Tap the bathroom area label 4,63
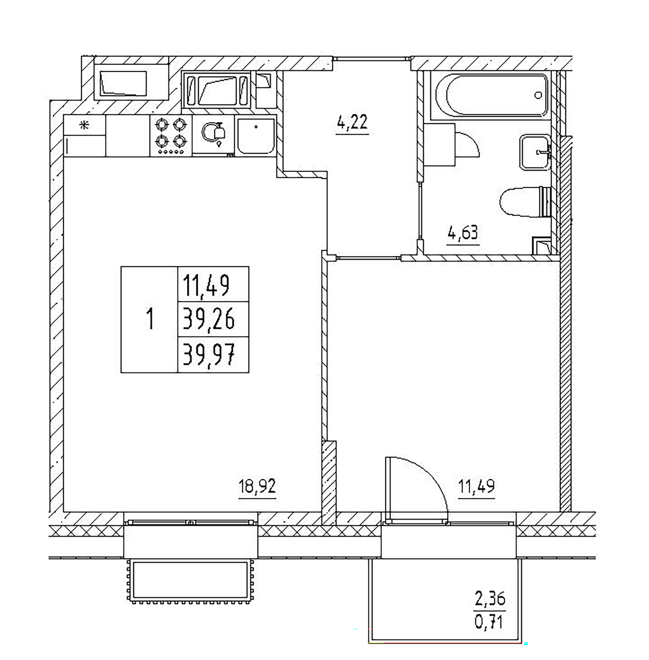[x=463, y=233]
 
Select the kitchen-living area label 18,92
[x=257, y=487]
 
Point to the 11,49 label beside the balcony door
[x=476, y=487]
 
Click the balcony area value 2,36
[x=490, y=599]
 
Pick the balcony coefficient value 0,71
[x=489, y=622]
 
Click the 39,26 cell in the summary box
[x=209, y=319]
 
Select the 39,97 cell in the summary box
[x=209, y=355]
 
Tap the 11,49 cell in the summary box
[x=206, y=285]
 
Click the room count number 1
[x=149, y=319]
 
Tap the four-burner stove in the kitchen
[x=171, y=136]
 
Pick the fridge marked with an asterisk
[x=85, y=136]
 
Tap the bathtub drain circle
[x=538, y=95]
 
